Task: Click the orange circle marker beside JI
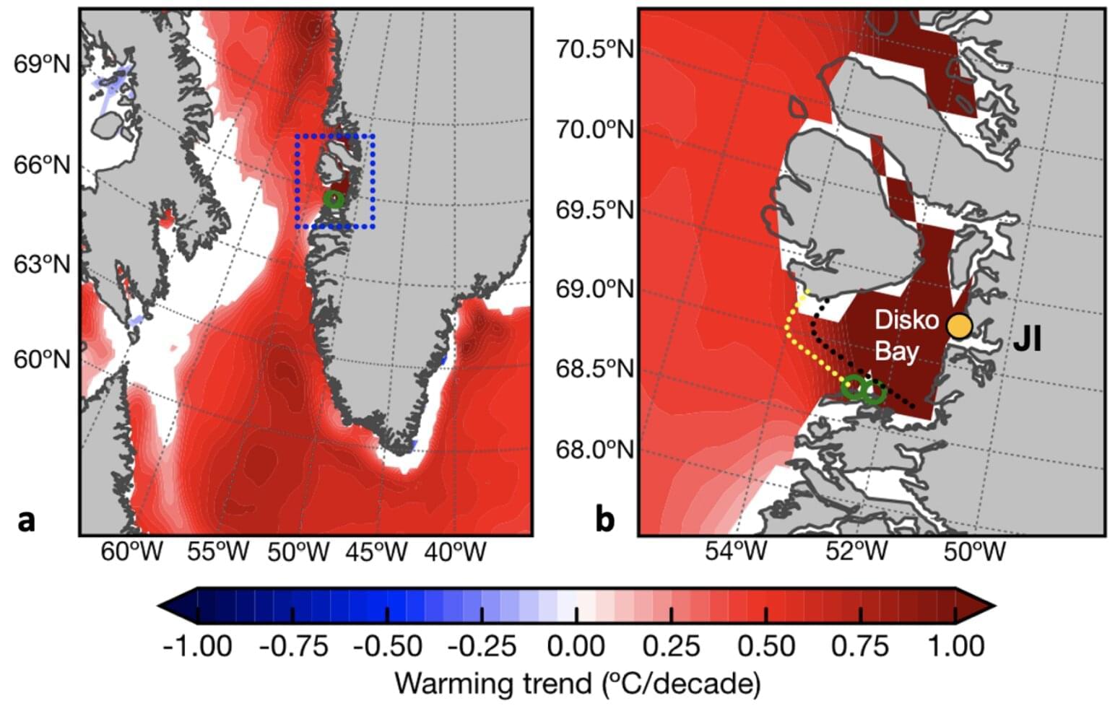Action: [x=958, y=326]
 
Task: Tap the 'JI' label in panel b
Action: [x=1027, y=339]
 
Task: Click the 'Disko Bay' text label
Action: [x=906, y=335]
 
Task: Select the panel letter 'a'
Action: [x=27, y=519]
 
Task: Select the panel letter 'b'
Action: [x=604, y=519]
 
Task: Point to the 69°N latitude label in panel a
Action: [x=42, y=64]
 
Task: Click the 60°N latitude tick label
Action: [x=42, y=359]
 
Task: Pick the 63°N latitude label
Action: [x=42, y=264]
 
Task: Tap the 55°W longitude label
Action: [x=217, y=553]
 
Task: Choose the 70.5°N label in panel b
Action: [x=594, y=50]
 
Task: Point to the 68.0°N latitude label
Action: [x=594, y=450]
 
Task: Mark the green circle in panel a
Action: [x=334, y=199]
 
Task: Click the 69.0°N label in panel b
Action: [x=594, y=289]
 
